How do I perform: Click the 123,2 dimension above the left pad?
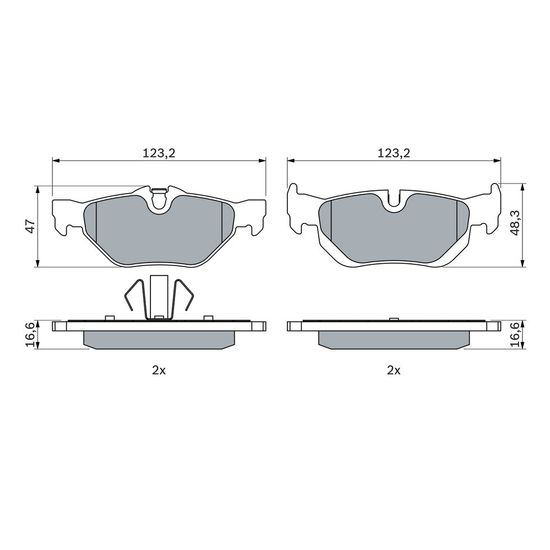coord(159,153)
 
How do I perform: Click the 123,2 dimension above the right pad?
coord(394,153)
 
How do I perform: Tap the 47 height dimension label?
coord(31,226)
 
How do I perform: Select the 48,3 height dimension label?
coord(515,224)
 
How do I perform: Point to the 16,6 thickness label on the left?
coord(31,335)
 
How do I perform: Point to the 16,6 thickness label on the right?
coord(515,335)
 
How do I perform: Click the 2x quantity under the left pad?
coord(159,370)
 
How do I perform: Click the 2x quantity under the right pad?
coord(394,370)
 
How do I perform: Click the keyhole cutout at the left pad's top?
coord(159,199)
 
